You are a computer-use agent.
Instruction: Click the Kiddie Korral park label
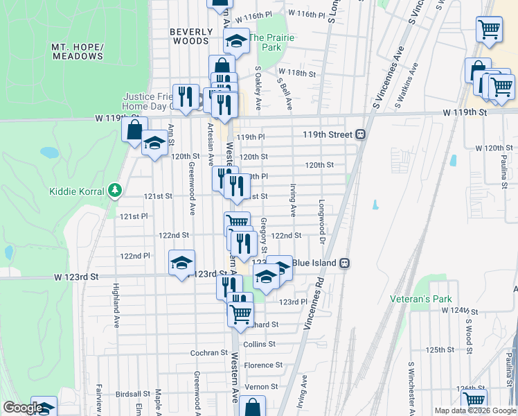76,191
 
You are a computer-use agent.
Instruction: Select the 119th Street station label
328,134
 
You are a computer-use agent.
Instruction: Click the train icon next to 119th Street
361,135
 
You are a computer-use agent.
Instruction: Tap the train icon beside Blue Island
344,263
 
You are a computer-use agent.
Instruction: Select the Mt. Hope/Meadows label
78,51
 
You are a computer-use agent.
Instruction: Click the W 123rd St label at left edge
77,277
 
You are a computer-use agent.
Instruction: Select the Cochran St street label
205,353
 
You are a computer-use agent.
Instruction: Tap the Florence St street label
263,365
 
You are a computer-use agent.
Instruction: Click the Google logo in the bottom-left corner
22,408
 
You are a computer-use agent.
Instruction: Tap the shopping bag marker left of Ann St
134,129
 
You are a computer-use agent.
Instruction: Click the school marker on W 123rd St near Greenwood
181,263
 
